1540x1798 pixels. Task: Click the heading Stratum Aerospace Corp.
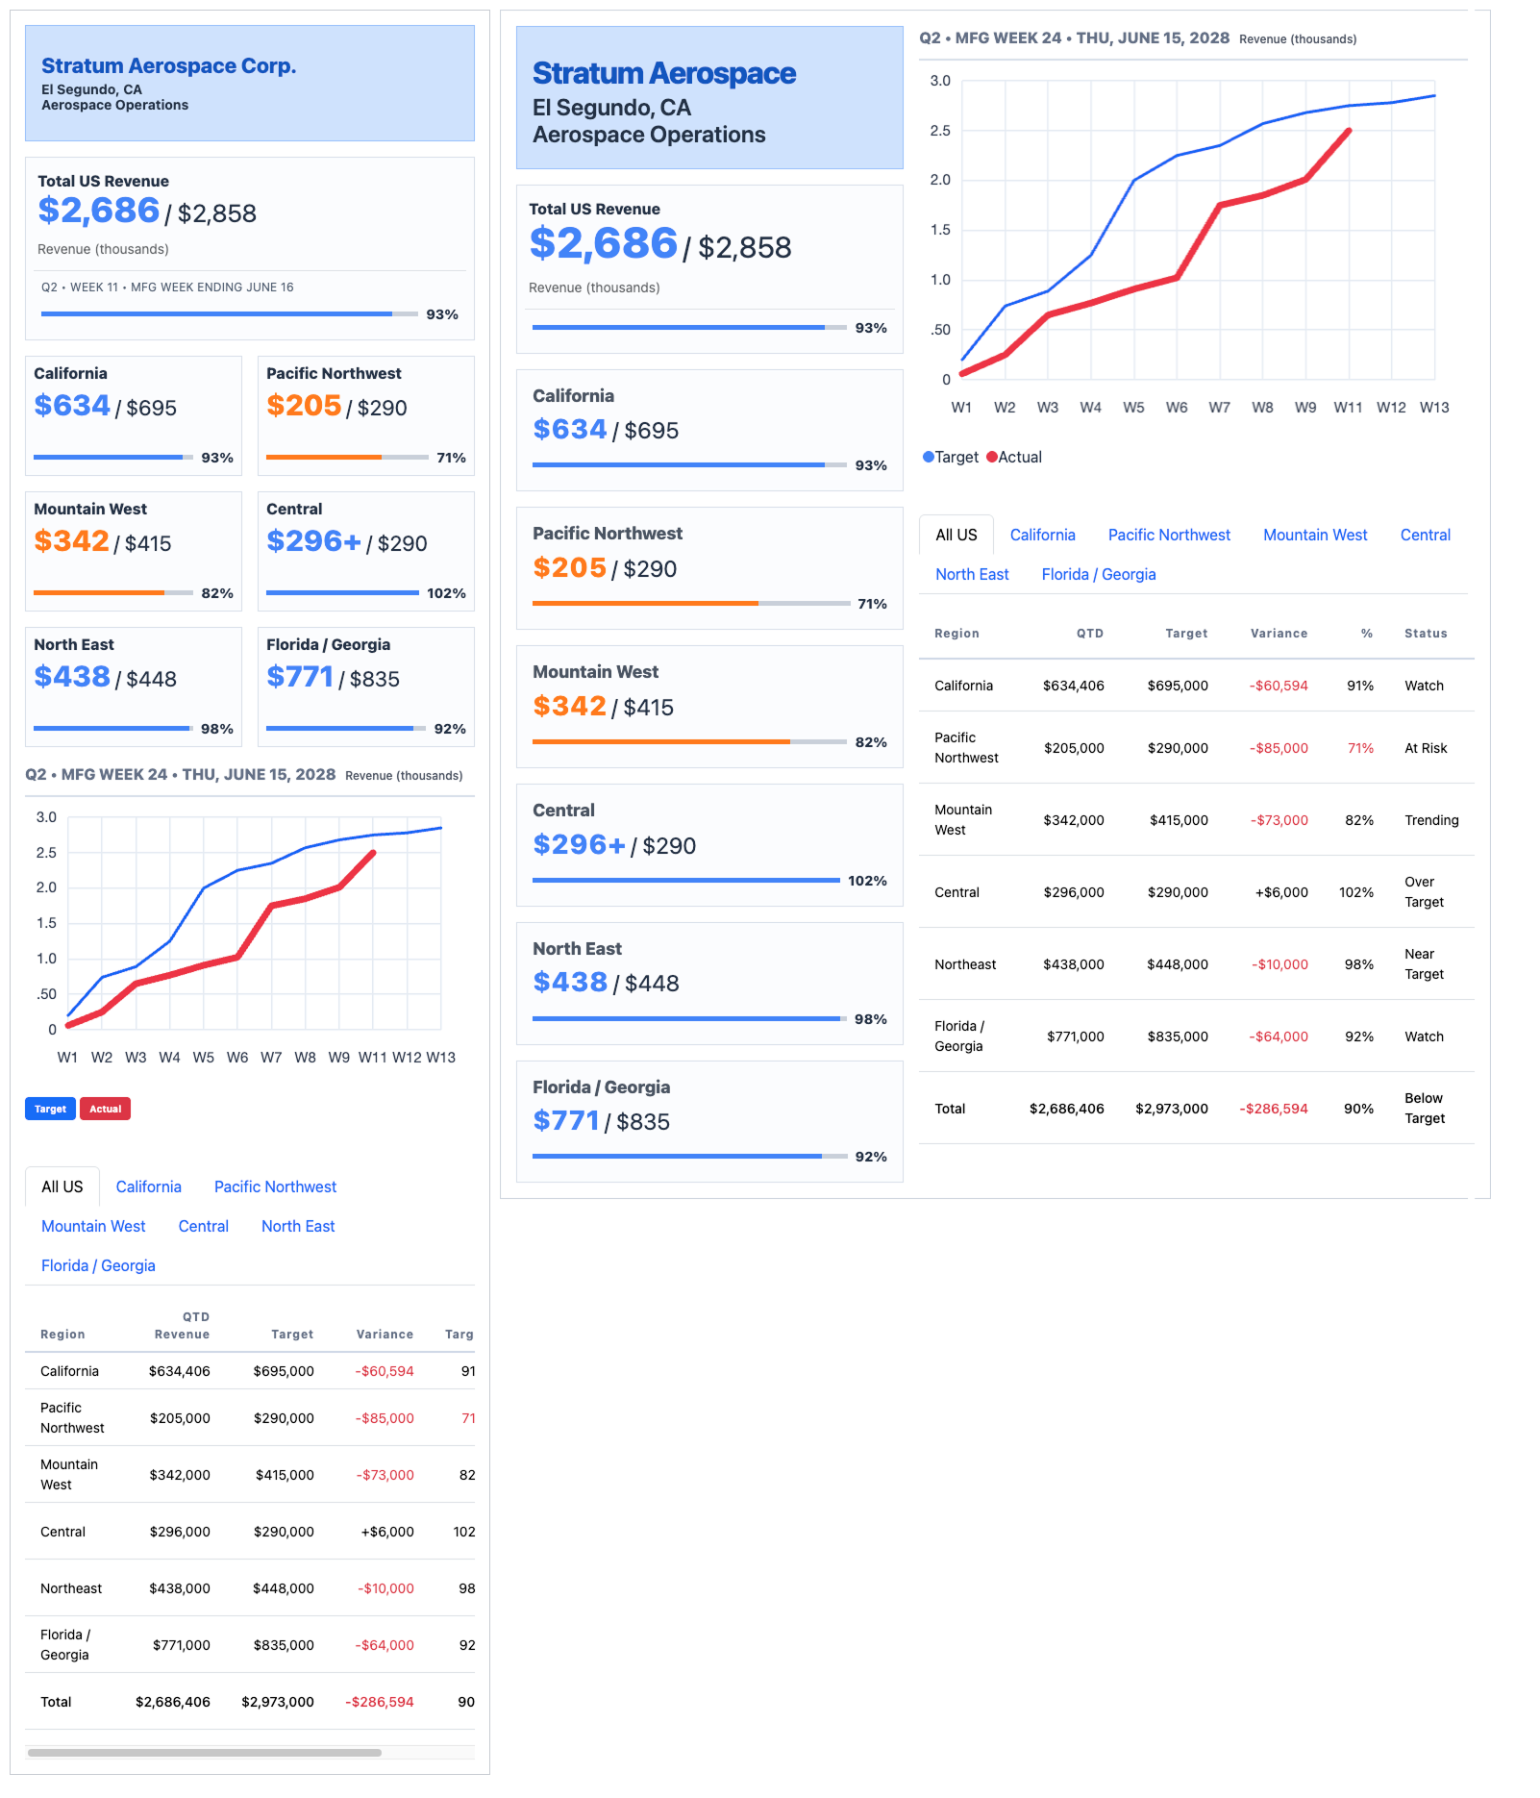click(x=168, y=65)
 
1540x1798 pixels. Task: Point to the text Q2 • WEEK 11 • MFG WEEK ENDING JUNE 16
click(x=167, y=287)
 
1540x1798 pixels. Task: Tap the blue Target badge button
click(x=50, y=1109)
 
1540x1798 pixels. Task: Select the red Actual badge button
click(x=105, y=1109)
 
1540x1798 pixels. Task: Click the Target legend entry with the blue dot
click(x=951, y=457)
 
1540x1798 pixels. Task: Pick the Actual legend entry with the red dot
click(x=1014, y=457)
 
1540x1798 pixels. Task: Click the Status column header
click(x=1426, y=633)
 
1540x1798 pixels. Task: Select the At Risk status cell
click(x=1426, y=748)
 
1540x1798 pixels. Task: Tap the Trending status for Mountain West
click(x=1431, y=820)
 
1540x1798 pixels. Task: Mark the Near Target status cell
click(x=1424, y=964)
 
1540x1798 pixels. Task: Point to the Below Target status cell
click(x=1425, y=1109)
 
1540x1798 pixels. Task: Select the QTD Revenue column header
click(x=182, y=1325)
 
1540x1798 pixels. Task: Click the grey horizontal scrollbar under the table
click(x=205, y=1753)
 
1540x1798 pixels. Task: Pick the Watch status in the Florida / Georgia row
click(x=1424, y=1036)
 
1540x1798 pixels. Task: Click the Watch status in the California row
click(x=1424, y=686)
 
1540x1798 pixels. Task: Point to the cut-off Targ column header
click(x=460, y=1334)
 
